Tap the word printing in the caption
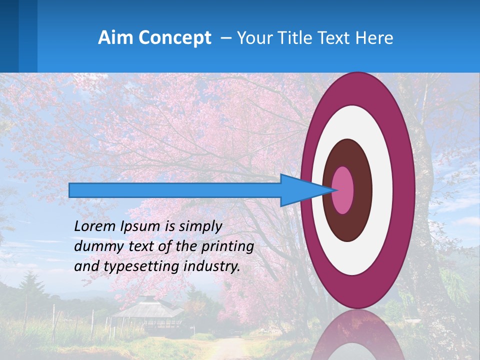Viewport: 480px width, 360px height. click(x=227, y=247)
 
